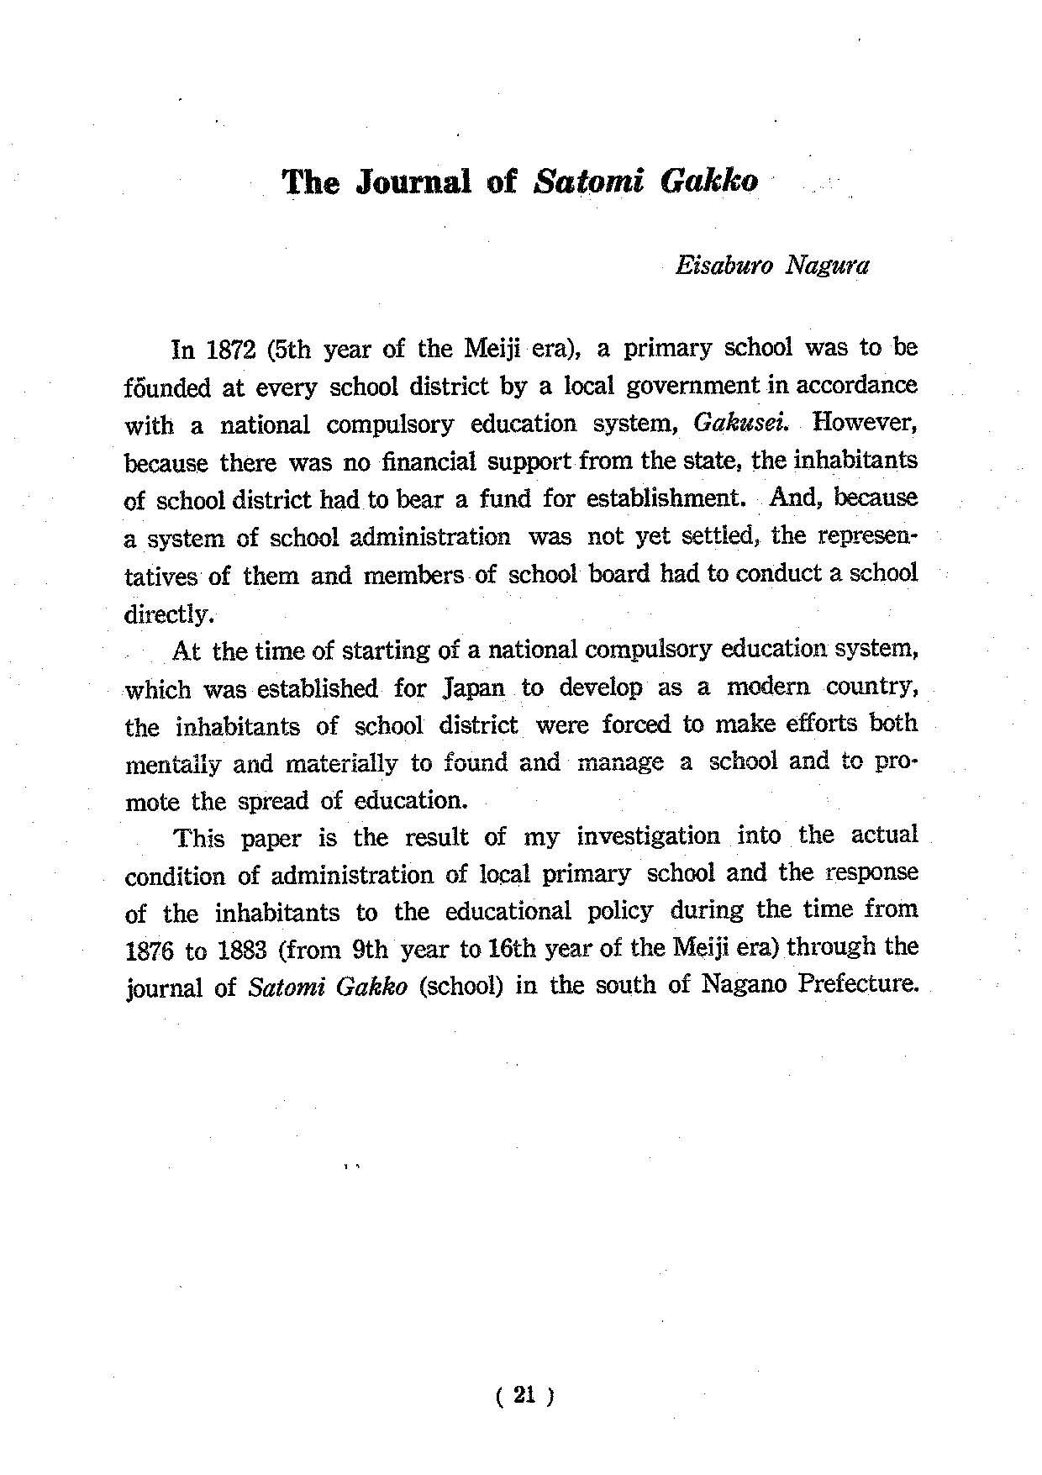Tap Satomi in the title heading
[587, 182]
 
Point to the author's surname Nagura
[827, 266]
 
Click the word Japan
[472, 688]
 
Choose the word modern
[768, 687]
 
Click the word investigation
[648, 837]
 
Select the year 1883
[242, 951]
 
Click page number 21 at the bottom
[525, 1396]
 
